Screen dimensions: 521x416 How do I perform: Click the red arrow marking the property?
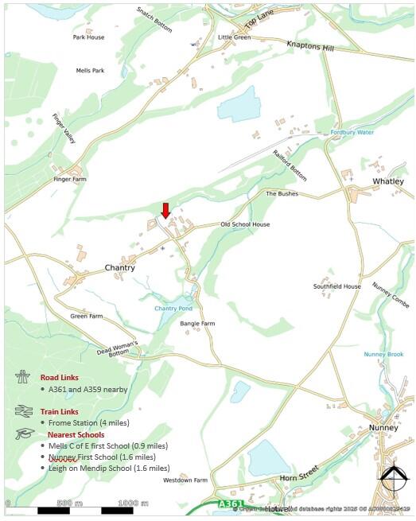click(x=165, y=210)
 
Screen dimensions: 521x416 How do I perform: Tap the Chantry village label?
click(x=120, y=268)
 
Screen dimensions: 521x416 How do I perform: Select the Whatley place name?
click(x=388, y=181)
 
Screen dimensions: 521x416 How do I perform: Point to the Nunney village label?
click(x=383, y=427)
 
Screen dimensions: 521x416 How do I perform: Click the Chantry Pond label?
click(x=173, y=308)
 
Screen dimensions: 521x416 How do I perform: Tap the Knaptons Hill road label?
click(x=310, y=46)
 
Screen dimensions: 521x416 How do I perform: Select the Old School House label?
click(x=245, y=224)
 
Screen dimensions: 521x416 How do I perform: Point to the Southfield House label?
click(x=336, y=286)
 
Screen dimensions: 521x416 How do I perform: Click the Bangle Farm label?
click(x=197, y=324)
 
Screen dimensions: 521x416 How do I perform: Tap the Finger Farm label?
click(x=70, y=180)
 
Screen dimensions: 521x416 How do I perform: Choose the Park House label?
click(x=88, y=37)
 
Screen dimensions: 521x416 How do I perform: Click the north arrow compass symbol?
click(x=391, y=480)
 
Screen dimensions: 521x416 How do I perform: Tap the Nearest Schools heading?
click(x=76, y=435)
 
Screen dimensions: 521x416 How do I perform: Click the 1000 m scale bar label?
click(x=134, y=503)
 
